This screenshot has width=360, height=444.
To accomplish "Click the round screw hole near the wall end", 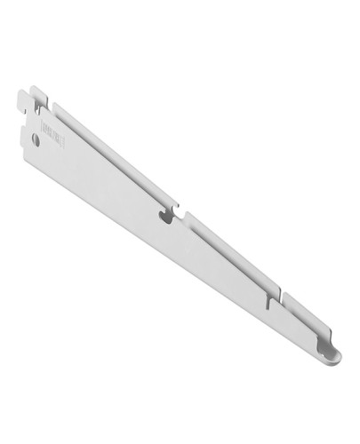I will (x=36, y=139).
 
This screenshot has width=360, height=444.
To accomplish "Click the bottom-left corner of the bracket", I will (x=27, y=147).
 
